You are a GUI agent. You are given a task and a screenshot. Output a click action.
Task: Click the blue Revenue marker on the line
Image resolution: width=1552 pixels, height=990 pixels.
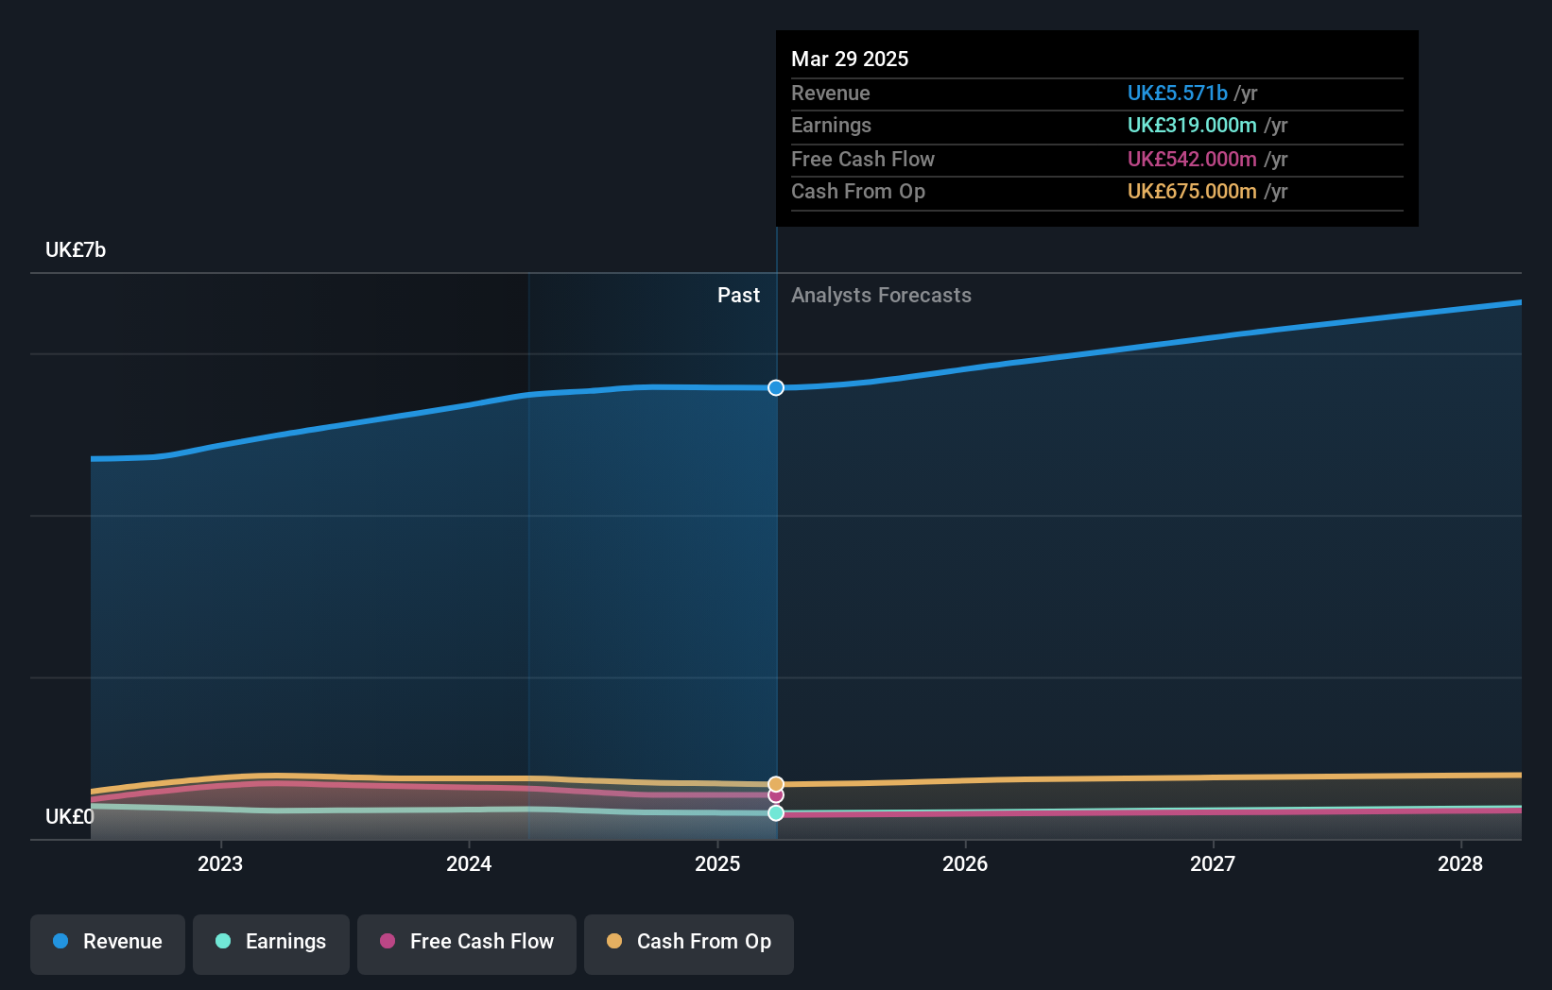(x=776, y=388)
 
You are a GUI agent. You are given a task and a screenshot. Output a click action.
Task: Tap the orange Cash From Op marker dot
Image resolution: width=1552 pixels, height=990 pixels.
(x=776, y=784)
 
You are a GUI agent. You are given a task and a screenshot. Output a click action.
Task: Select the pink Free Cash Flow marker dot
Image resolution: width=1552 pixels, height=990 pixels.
(x=776, y=795)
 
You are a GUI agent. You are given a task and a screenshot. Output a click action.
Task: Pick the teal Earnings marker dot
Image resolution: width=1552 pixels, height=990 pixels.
(x=776, y=813)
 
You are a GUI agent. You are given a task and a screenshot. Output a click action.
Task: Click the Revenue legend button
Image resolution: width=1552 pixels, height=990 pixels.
(x=108, y=942)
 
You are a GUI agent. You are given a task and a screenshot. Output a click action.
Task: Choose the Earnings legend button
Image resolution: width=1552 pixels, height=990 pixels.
(x=271, y=942)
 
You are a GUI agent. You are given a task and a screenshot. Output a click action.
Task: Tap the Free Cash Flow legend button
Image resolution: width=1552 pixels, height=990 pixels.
(x=467, y=942)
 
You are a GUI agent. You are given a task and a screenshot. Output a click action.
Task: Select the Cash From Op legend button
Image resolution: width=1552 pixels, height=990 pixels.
(x=689, y=942)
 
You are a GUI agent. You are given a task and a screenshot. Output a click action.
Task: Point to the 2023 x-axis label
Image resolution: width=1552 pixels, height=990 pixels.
(x=220, y=863)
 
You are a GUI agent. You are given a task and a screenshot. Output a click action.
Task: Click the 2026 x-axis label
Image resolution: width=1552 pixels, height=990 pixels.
(x=965, y=863)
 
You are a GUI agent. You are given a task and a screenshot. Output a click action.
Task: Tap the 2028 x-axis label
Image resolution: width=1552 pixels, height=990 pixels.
(x=1460, y=863)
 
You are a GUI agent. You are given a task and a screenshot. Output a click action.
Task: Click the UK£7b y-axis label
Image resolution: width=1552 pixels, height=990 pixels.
(x=76, y=250)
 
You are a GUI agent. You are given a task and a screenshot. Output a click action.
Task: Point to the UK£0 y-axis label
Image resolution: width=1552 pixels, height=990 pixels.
(x=70, y=816)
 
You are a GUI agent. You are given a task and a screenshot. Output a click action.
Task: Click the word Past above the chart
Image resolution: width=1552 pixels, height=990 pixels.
(x=738, y=296)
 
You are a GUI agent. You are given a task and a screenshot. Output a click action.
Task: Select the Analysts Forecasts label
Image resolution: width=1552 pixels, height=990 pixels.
(x=881, y=296)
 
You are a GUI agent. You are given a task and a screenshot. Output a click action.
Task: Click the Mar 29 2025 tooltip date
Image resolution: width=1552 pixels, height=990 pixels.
(x=850, y=60)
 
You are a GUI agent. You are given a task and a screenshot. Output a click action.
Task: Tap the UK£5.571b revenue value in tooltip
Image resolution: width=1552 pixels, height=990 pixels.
(x=1177, y=94)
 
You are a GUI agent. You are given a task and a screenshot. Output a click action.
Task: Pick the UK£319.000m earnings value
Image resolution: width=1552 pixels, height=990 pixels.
(x=1192, y=126)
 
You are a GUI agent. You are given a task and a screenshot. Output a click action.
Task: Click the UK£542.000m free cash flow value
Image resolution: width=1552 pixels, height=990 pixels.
(x=1192, y=160)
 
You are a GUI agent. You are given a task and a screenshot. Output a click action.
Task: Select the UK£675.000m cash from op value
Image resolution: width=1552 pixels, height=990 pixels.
(x=1192, y=192)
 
